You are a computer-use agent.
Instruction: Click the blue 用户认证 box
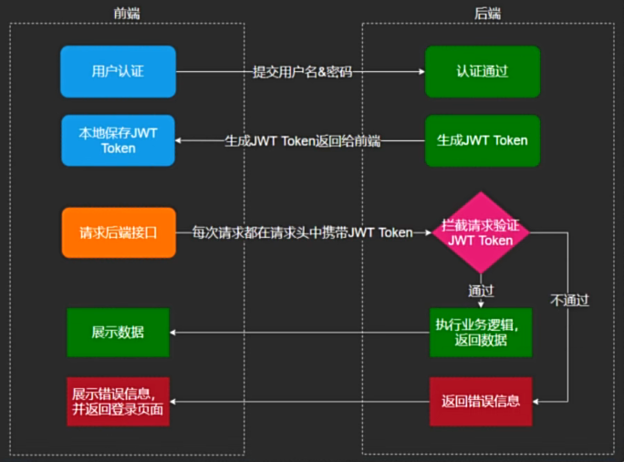(x=119, y=72)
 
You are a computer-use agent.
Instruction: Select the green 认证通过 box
(x=483, y=72)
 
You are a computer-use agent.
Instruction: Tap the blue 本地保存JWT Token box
(x=119, y=140)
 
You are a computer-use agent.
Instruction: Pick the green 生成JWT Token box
(x=483, y=140)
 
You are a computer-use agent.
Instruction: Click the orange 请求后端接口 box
(x=119, y=232)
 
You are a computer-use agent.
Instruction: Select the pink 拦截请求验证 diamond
(x=481, y=232)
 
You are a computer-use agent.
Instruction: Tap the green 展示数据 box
(x=119, y=333)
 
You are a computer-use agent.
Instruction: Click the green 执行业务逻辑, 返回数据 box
(x=481, y=333)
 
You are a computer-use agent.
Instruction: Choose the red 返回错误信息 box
(x=481, y=402)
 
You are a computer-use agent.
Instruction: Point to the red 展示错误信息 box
(x=119, y=402)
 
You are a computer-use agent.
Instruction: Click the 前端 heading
(x=127, y=14)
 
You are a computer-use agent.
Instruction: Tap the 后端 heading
(x=487, y=14)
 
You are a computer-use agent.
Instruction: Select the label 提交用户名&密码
(x=303, y=72)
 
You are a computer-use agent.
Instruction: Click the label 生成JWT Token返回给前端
(x=303, y=140)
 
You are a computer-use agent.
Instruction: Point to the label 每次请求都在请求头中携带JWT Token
(x=303, y=232)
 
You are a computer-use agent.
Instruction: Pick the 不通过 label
(x=569, y=300)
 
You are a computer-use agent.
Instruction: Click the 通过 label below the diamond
(x=481, y=291)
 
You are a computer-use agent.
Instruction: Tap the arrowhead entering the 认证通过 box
(x=421, y=72)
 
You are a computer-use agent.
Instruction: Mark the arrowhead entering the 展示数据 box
(x=172, y=333)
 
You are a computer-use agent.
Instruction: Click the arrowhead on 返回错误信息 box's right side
(x=536, y=402)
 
